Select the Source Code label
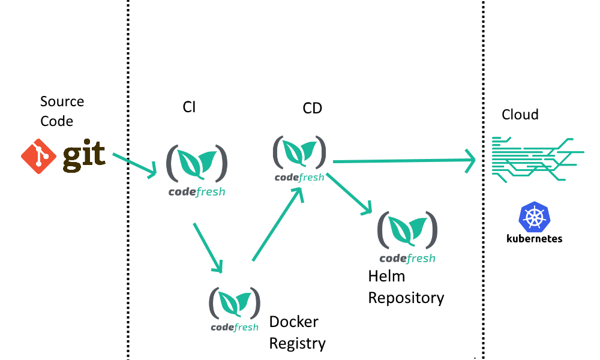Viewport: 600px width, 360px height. [x=62, y=111]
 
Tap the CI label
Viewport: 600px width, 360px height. [x=189, y=107]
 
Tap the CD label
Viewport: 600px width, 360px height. [x=312, y=108]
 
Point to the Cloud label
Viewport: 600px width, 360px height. [x=520, y=115]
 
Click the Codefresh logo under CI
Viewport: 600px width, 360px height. [x=197, y=169]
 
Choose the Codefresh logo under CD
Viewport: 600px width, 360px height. [x=299, y=157]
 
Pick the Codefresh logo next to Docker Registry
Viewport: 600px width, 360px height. [x=235, y=308]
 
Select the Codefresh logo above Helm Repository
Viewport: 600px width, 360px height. [x=407, y=236]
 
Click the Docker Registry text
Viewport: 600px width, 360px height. [x=297, y=332]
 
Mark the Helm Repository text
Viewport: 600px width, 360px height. [x=406, y=287]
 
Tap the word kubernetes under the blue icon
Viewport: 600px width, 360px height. [x=535, y=238]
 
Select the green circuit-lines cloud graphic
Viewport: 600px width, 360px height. [x=537, y=159]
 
